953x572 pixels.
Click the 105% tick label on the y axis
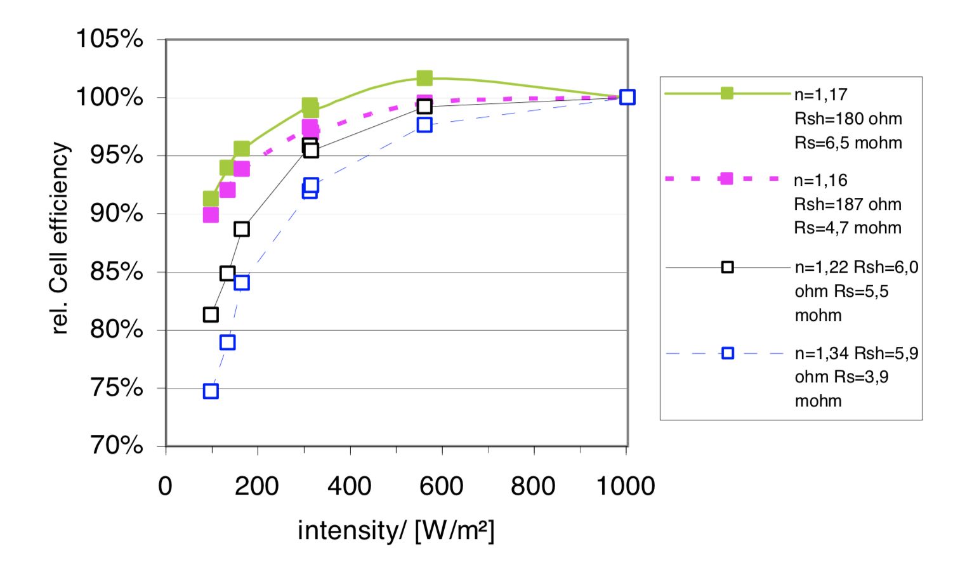110,39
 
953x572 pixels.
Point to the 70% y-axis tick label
117,446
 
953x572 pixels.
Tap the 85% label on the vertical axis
117,272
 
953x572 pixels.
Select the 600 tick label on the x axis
441,486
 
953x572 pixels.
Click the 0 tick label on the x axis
165,486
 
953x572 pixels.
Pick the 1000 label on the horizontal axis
626,486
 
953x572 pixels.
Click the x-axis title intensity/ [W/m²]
396,530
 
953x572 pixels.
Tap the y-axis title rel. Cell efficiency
60,238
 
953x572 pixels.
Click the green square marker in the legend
727,93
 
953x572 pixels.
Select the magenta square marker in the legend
727,179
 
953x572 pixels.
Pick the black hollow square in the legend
728,268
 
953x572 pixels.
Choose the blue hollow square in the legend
728,353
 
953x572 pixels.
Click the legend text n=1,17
820,95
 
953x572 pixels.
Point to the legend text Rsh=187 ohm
847,204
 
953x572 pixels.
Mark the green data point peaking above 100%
424,78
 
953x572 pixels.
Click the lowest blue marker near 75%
211,391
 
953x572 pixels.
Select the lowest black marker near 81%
211,315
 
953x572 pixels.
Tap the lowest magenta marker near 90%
211,215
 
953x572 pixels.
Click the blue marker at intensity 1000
627,97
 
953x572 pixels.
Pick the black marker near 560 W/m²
424,107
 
